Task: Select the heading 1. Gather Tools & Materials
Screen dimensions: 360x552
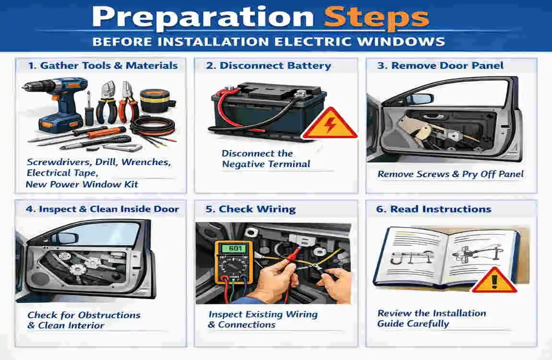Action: click(102, 65)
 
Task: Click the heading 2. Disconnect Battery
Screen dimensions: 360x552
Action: click(268, 66)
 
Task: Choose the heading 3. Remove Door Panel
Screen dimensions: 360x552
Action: click(440, 65)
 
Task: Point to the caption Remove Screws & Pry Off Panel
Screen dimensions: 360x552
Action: click(450, 174)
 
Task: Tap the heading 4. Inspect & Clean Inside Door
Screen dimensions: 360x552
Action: click(103, 209)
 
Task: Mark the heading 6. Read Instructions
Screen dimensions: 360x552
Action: click(434, 209)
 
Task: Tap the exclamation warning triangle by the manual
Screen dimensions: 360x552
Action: click(494, 280)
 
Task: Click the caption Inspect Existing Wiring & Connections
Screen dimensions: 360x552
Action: click(263, 320)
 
